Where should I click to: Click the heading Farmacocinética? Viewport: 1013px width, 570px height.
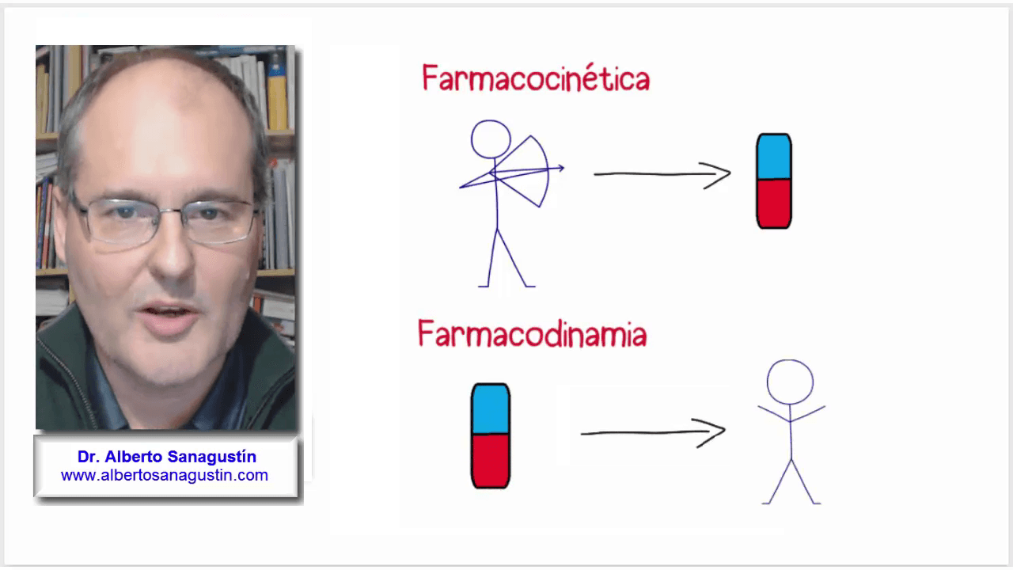[x=536, y=79]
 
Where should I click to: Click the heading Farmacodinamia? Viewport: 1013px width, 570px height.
[x=532, y=334]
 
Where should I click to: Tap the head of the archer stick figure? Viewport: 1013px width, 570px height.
[x=491, y=139]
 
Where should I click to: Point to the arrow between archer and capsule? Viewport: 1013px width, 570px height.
[x=662, y=174]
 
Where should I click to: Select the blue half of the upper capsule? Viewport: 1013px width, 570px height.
[x=773, y=157]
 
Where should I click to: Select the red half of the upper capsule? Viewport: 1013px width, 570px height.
[x=773, y=203]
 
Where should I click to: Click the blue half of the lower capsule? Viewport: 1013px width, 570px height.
[x=491, y=409]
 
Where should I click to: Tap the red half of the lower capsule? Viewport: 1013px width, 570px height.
[x=491, y=461]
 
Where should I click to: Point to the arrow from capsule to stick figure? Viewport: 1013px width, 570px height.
[x=653, y=432]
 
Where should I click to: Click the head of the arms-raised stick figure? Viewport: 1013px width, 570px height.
[x=790, y=382]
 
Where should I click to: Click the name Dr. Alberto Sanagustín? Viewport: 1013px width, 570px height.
[x=166, y=457]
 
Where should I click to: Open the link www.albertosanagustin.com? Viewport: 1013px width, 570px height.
[x=165, y=476]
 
